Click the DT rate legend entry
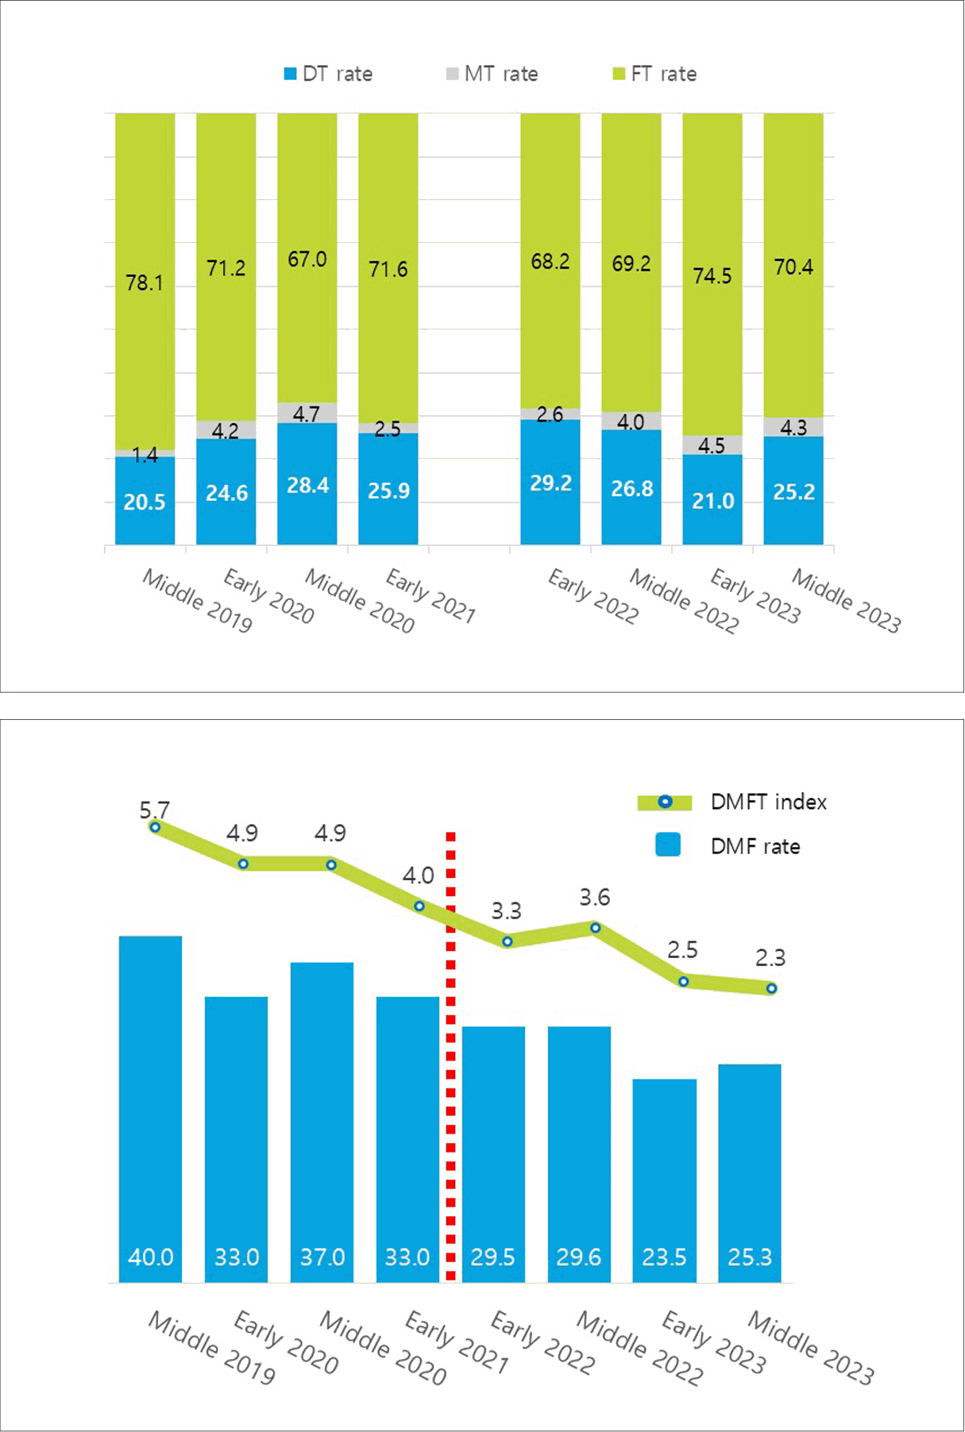[328, 74]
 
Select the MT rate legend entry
[492, 74]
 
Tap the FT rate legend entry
[654, 74]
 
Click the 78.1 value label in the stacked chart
[144, 283]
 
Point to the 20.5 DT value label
[144, 502]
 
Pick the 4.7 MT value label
[307, 414]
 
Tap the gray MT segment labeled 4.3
[793, 427]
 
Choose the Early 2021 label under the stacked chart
[430, 595]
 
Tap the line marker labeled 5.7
[155, 827]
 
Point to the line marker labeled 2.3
[771, 988]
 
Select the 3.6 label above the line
[594, 897]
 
